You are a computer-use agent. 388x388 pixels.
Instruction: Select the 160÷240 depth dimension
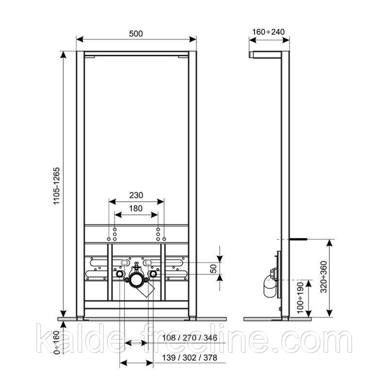(x=268, y=32)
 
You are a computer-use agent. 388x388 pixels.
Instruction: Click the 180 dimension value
(x=136, y=209)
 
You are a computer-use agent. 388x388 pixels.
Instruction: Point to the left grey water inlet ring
(x=124, y=263)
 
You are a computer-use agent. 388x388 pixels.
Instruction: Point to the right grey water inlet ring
(x=148, y=263)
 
